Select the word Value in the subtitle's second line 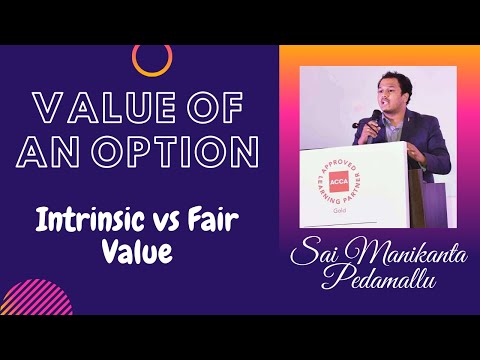(138, 252)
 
